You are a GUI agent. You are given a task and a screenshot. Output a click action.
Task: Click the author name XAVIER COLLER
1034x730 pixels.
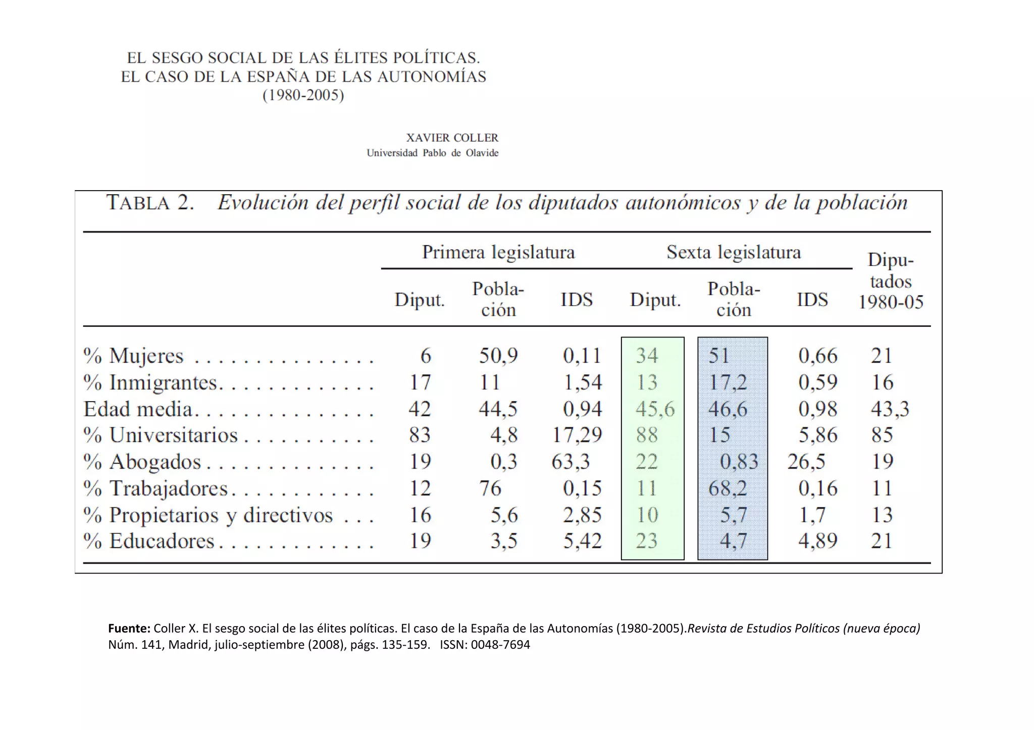pyautogui.click(x=452, y=138)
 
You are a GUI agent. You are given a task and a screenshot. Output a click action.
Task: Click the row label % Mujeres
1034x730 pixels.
pyautogui.click(x=134, y=356)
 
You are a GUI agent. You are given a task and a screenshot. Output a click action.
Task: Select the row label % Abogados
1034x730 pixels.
pyautogui.click(x=142, y=462)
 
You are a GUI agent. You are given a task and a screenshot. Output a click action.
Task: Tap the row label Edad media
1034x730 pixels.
pyautogui.click(x=138, y=409)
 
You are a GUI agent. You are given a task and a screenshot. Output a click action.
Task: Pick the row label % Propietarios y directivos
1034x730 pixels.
pyautogui.click(x=208, y=515)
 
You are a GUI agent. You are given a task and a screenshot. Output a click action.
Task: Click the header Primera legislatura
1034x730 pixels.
pyautogui.click(x=498, y=252)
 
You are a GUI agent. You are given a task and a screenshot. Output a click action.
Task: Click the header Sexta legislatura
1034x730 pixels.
pyautogui.click(x=733, y=252)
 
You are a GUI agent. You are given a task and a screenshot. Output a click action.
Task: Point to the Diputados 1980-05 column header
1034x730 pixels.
pyautogui.click(x=891, y=281)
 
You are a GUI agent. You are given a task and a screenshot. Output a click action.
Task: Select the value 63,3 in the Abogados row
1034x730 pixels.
pyautogui.click(x=571, y=462)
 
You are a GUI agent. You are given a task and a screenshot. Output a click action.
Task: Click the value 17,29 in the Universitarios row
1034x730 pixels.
pyautogui.click(x=577, y=435)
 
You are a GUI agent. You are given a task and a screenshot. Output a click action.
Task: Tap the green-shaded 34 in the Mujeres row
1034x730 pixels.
pyautogui.click(x=647, y=356)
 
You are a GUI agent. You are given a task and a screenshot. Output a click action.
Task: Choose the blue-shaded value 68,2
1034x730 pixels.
pyautogui.click(x=728, y=488)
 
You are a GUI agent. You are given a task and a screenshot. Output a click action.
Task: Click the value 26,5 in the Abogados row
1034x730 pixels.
pyautogui.click(x=806, y=462)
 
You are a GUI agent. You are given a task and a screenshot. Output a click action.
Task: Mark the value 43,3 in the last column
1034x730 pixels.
pyautogui.click(x=890, y=409)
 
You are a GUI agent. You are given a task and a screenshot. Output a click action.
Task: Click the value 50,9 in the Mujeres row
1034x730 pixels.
pyautogui.click(x=498, y=356)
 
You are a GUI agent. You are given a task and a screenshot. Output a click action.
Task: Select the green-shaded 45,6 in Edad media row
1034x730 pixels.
pyautogui.click(x=655, y=409)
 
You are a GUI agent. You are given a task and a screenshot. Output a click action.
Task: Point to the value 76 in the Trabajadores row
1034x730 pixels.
pyautogui.click(x=490, y=488)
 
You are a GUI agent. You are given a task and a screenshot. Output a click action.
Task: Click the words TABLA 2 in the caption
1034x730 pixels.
pyautogui.click(x=150, y=203)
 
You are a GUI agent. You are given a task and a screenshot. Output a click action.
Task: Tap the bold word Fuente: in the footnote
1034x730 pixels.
pyautogui.click(x=129, y=629)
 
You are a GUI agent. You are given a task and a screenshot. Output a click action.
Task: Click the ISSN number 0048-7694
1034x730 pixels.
pyautogui.click(x=500, y=645)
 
